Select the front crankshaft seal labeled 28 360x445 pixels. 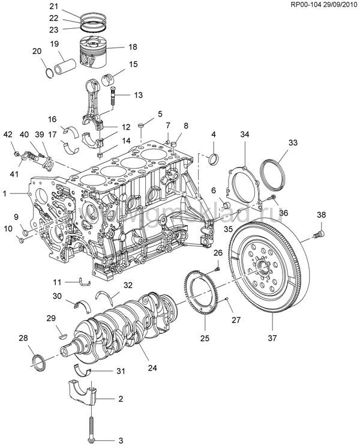(39, 361)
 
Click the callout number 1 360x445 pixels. (5, 194)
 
